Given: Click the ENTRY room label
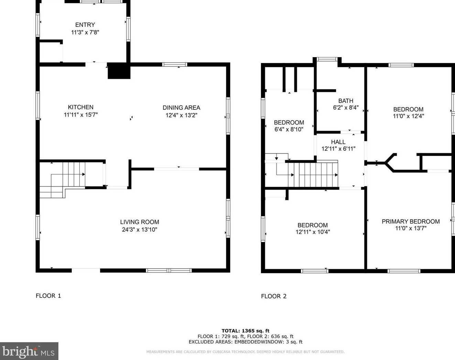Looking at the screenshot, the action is pos(85,25).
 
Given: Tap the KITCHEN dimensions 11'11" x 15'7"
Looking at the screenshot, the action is pos(81,115).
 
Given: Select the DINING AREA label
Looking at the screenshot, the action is pos(181,108).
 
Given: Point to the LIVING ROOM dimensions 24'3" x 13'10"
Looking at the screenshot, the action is pos(140,230).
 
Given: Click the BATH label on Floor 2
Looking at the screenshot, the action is pos(346,101).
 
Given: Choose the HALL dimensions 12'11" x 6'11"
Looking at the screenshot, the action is pos(338,149).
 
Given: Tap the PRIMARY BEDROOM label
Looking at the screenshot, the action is pos(411,222).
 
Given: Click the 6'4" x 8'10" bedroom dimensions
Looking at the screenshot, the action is pos(289,129).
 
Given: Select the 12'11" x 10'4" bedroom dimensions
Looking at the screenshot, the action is pos(313,232).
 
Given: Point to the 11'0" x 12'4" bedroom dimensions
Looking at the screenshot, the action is pos(409,116).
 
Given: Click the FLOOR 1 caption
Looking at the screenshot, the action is pos(48,296).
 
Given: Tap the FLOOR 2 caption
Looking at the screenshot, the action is pos(274,296).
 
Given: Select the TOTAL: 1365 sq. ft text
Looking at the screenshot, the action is pos(246,331).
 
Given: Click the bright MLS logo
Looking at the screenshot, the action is pos(29,351).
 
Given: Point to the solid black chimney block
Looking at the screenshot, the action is pos(119,71).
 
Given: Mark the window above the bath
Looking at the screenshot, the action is pos(327,59).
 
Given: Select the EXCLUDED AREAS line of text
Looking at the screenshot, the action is pos(246,342).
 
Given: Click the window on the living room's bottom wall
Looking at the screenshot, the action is pos(169,271).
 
